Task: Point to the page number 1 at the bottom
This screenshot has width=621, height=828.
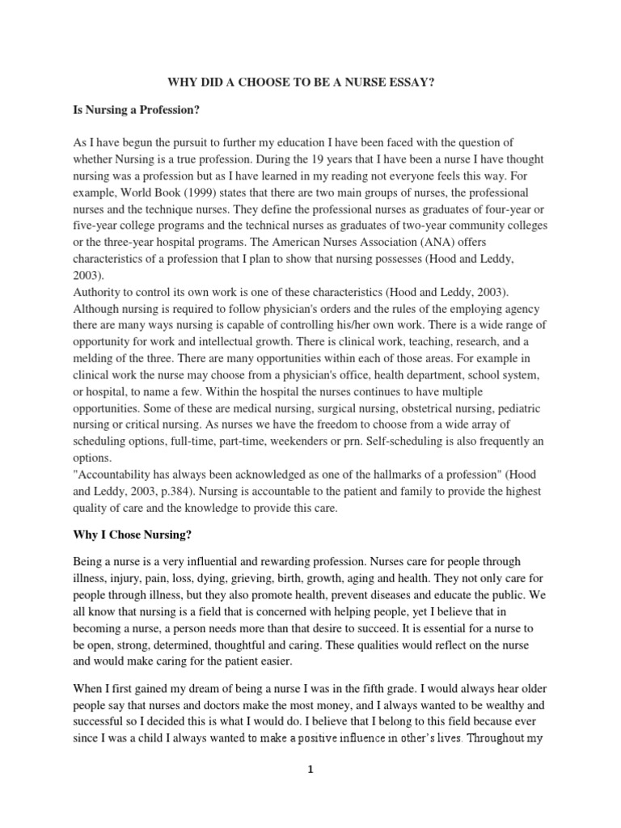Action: (310, 770)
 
